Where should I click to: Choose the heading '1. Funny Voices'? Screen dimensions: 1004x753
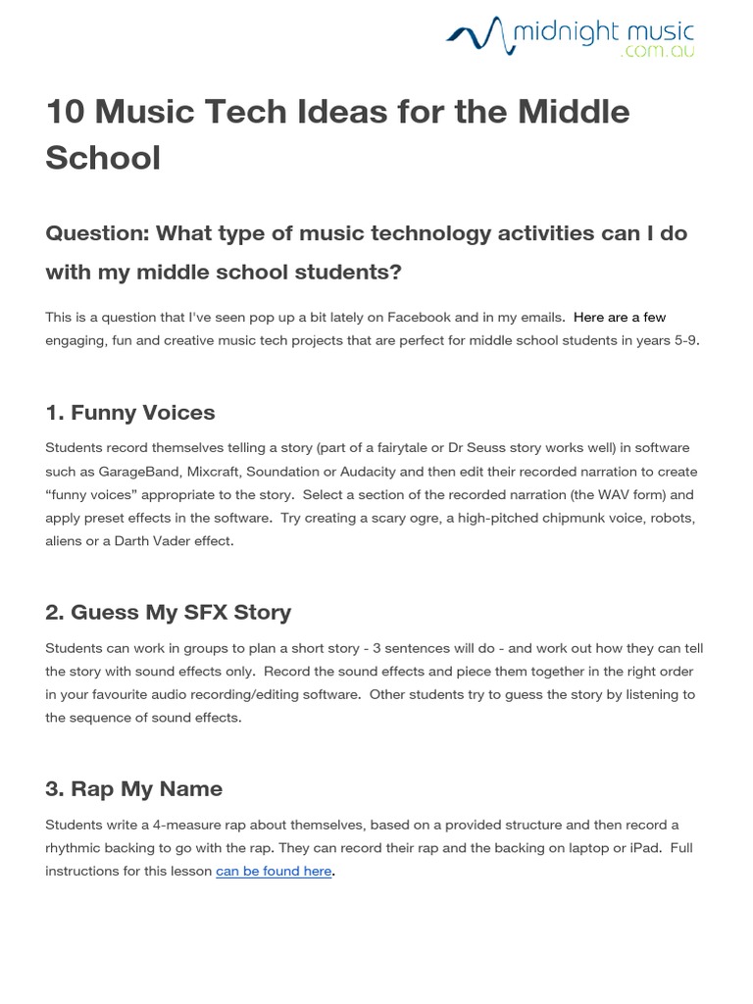(130, 412)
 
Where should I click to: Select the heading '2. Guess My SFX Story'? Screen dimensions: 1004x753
(169, 612)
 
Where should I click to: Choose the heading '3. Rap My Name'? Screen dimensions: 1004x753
(134, 788)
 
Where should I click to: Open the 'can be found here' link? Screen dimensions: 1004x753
(274, 872)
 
